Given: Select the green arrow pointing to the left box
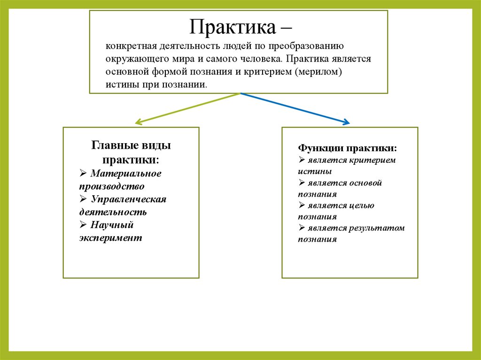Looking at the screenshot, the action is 188,108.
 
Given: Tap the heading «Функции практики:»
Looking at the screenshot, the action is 347,148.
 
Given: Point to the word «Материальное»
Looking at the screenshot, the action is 126,174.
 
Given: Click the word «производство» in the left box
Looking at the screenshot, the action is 112,186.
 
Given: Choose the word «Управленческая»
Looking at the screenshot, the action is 129,199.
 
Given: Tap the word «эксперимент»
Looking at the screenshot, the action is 110,237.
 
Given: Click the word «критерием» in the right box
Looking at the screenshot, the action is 373,160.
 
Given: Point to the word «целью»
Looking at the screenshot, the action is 361,206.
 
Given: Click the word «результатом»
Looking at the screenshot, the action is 377,228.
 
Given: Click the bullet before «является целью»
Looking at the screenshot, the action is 302,206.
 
